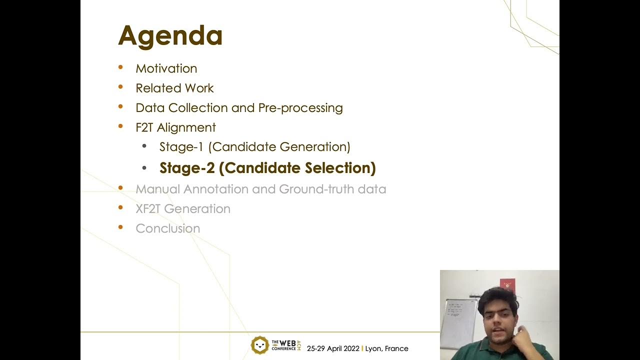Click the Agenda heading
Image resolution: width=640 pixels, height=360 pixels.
[x=170, y=36]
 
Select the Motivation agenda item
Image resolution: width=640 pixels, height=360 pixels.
[x=166, y=68]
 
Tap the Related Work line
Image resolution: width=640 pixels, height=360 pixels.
[x=174, y=88]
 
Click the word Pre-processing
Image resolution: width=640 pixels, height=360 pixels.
[x=300, y=108]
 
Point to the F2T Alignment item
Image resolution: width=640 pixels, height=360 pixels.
[x=175, y=127]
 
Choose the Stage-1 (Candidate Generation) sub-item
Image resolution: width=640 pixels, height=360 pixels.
[x=254, y=147]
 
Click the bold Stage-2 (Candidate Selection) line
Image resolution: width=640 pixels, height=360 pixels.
[x=267, y=168]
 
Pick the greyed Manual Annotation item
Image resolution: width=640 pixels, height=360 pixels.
[x=260, y=189]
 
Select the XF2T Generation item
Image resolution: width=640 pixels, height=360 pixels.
[x=183, y=209]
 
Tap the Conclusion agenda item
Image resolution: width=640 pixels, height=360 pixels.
[x=167, y=228]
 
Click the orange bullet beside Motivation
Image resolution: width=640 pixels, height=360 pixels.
[x=120, y=67]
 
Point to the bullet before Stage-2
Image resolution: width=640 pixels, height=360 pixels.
[x=144, y=167]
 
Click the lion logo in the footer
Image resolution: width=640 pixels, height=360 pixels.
[x=259, y=345]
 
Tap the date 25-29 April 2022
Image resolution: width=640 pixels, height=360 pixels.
[x=333, y=348]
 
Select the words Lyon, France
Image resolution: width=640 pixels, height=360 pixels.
[x=386, y=348]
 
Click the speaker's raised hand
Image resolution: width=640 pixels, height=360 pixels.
[x=524, y=330]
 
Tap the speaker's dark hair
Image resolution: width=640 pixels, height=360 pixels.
[x=497, y=297]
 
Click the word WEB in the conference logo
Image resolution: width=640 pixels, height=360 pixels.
[x=287, y=343]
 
